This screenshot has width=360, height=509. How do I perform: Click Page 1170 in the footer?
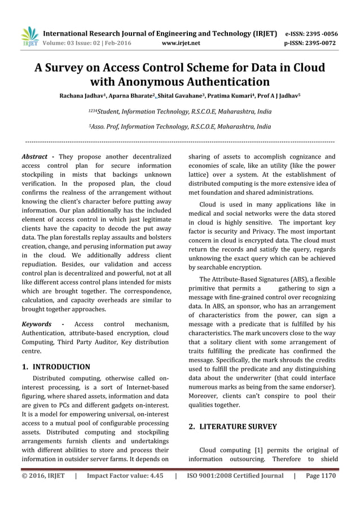[x=321, y=476]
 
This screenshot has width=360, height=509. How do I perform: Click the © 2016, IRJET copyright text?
[x=43, y=476]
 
